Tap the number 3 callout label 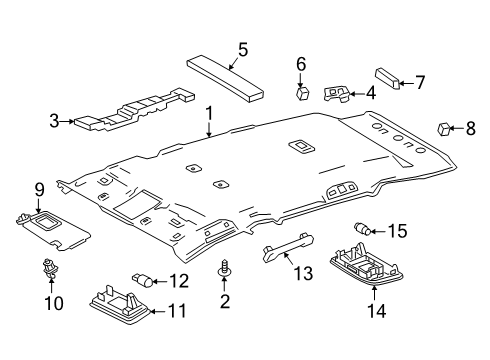click(x=56, y=122)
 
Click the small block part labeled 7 click(x=387, y=79)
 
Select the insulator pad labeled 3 click(x=130, y=111)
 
